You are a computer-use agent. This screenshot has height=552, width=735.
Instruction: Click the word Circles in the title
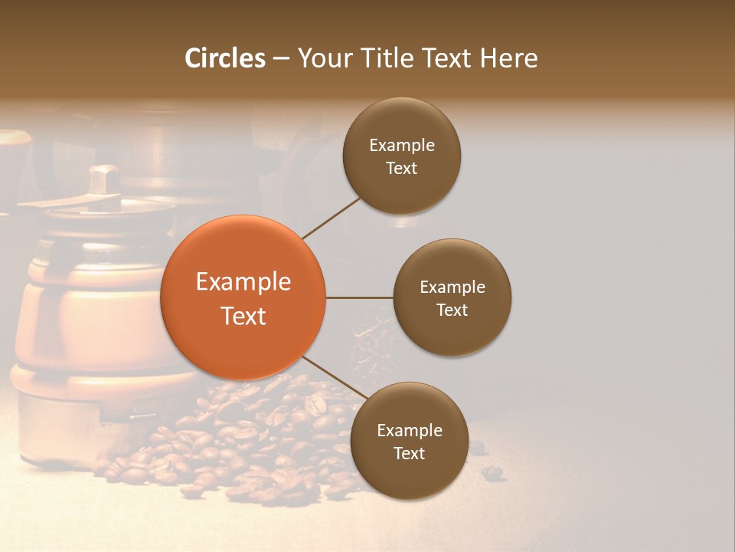pyautogui.click(x=225, y=58)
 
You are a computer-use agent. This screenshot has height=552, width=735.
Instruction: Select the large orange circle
pyautogui.click(x=243, y=297)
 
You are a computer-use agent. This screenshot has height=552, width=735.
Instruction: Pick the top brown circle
pyautogui.click(x=402, y=156)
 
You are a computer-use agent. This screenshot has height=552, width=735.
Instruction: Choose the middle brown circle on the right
pyautogui.click(x=452, y=297)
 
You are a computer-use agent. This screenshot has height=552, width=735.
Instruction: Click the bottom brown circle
pyautogui.click(x=410, y=441)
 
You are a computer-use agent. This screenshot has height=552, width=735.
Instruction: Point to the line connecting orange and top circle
pyautogui.click(x=331, y=217)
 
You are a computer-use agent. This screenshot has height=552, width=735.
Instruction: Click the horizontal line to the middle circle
pyautogui.click(x=359, y=297)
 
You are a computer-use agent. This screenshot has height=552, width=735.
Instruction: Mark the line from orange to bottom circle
pyautogui.click(x=334, y=376)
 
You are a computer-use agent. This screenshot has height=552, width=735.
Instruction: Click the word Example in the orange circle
pyautogui.click(x=243, y=282)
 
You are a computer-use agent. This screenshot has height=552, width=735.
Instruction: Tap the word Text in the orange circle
pyautogui.click(x=243, y=316)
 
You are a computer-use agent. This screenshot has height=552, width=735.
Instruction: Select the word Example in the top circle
pyautogui.click(x=402, y=146)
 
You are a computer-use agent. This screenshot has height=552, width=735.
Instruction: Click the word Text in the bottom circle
pyautogui.click(x=410, y=453)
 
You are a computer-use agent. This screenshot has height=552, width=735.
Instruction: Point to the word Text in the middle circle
pyautogui.click(x=452, y=310)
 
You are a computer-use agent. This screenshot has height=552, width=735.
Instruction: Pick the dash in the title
pyautogui.click(x=281, y=59)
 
